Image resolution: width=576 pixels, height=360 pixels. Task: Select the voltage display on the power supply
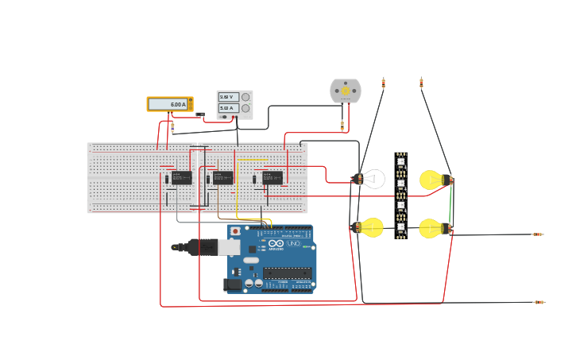pyautogui.click(x=228, y=97)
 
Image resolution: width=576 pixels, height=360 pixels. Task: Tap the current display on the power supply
pyautogui.click(x=228, y=108)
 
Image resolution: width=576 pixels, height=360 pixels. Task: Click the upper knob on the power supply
pyautogui.click(x=245, y=97)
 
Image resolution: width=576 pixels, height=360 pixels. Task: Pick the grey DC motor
pyautogui.click(x=346, y=91)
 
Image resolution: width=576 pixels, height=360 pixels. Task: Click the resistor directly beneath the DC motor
pyautogui.click(x=342, y=125)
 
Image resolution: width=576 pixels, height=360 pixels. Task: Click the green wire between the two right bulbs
pyautogui.click(x=450, y=206)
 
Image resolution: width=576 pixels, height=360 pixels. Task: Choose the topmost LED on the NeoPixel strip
pyautogui.click(x=401, y=162)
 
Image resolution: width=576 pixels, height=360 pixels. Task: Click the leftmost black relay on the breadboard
pyautogui.click(x=181, y=177)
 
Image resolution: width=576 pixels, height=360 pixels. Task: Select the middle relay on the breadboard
pyautogui.click(x=222, y=177)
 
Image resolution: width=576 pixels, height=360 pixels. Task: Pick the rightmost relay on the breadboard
pyautogui.click(x=273, y=177)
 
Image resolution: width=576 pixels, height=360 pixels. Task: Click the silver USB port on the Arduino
pyautogui.click(x=229, y=247)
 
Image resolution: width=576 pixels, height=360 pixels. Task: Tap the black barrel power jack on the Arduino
pyautogui.click(x=233, y=284)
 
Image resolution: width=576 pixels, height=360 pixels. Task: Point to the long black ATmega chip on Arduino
pyautogui.click(x=287, y=273)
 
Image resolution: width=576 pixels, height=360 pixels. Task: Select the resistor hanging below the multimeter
pyautogui.click(x=172, y=126)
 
